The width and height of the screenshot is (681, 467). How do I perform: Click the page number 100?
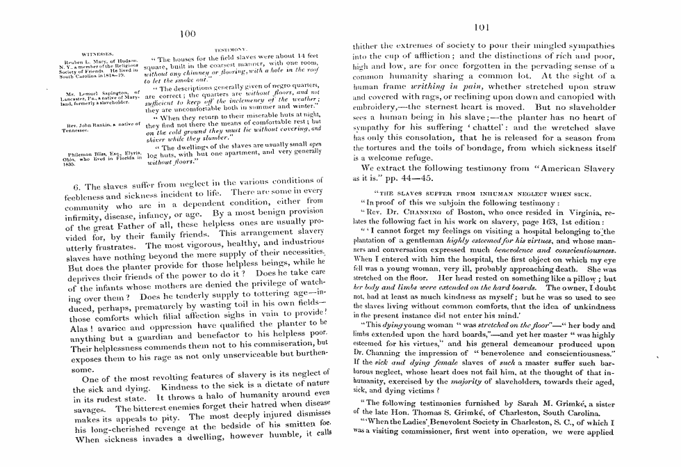pos(186,34)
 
